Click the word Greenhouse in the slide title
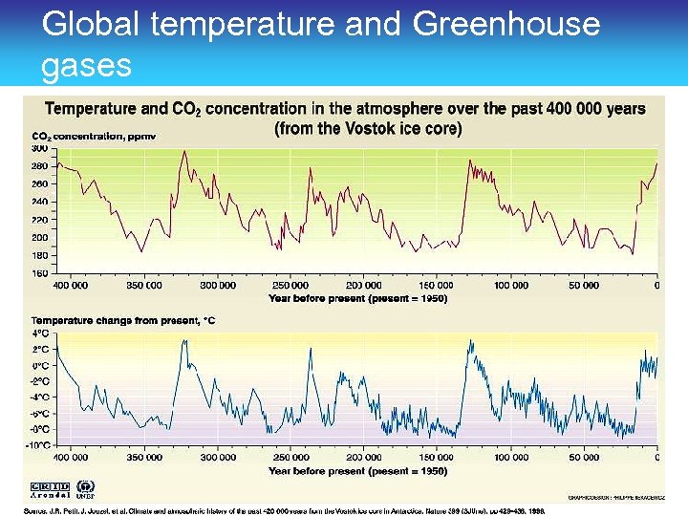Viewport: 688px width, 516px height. (x=506, y=23)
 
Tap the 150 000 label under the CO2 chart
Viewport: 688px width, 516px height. (x=437, y=285)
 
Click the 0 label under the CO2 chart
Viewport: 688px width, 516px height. (x=656, y=285)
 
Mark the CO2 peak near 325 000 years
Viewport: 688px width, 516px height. (x=184, y=152)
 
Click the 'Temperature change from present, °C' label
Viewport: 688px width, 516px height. (x=123, y=321)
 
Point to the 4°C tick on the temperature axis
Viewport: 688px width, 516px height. (x=41, y=333)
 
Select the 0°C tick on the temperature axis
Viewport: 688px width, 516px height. (x=41, y=366)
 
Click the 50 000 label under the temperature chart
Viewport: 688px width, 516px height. (x=584, y=458)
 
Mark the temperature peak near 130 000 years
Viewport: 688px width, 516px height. (x=468, y=341)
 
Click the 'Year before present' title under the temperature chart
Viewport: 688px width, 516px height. (x=358, y=471)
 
